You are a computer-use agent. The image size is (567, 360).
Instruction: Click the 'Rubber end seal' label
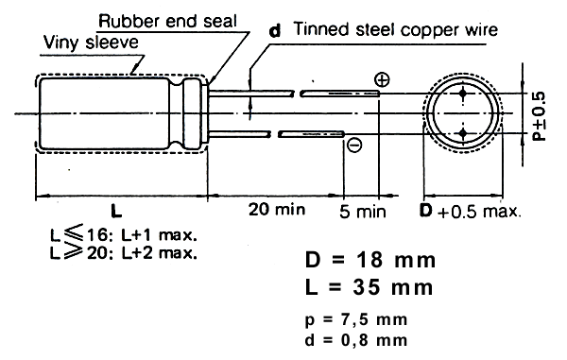point(167,22)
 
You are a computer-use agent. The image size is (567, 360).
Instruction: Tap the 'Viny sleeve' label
point(91,43)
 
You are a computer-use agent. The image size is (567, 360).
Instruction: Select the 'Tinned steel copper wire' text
point(396,29)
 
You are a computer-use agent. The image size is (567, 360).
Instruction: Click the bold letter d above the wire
point(275,31)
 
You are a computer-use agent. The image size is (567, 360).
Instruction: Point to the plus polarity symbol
point(382,79)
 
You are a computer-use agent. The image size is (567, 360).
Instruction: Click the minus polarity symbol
point(354,145)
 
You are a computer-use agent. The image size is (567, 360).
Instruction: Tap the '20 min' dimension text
point(277,209)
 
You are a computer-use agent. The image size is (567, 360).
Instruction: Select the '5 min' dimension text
point(363,212)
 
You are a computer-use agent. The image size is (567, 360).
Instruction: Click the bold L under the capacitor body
point(116,211)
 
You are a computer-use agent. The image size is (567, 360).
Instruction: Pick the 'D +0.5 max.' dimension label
point(471,211)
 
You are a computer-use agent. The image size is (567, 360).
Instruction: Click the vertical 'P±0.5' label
point(540,116)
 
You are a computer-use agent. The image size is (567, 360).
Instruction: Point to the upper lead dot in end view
point(463,94)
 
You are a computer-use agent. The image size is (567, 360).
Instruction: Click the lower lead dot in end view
point(463,134)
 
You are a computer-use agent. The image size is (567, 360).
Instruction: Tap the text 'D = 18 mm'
point(370,260)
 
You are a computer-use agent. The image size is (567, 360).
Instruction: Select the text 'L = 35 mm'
point(369,287)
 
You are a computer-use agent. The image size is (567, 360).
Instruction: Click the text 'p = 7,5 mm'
point(356,319)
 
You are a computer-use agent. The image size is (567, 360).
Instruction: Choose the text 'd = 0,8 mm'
point(356,340)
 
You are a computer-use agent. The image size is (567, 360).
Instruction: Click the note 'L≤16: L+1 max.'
point(124,234)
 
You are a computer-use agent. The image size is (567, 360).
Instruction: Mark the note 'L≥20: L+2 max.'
point(124,252)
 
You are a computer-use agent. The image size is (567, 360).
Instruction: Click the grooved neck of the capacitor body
point(177,113)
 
